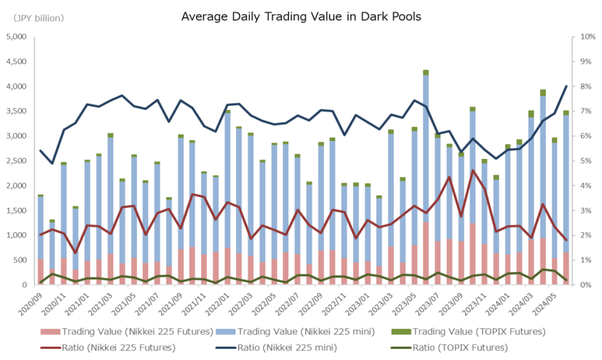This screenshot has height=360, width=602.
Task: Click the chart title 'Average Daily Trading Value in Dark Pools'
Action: tap(301, 15)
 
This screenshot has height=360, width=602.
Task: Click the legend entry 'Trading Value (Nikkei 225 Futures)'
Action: tap(126, 331)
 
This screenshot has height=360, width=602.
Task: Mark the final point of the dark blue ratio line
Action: tap(567, 86)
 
